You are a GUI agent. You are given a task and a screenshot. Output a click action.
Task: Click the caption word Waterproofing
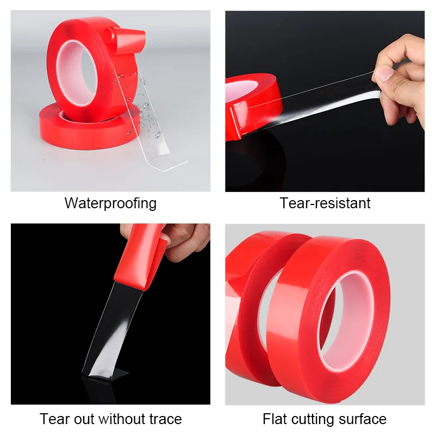tap(110, 203)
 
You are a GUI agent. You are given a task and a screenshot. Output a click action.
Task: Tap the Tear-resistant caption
tap(325, 203)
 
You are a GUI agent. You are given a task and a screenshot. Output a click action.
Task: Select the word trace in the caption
tap(161, 419)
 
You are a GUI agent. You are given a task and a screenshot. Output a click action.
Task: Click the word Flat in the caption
tap(275, 419)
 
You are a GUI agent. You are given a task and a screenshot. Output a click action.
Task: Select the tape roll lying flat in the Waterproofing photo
tap(82, 130)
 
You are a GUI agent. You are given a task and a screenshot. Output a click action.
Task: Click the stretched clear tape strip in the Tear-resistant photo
tap(315, 101)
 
